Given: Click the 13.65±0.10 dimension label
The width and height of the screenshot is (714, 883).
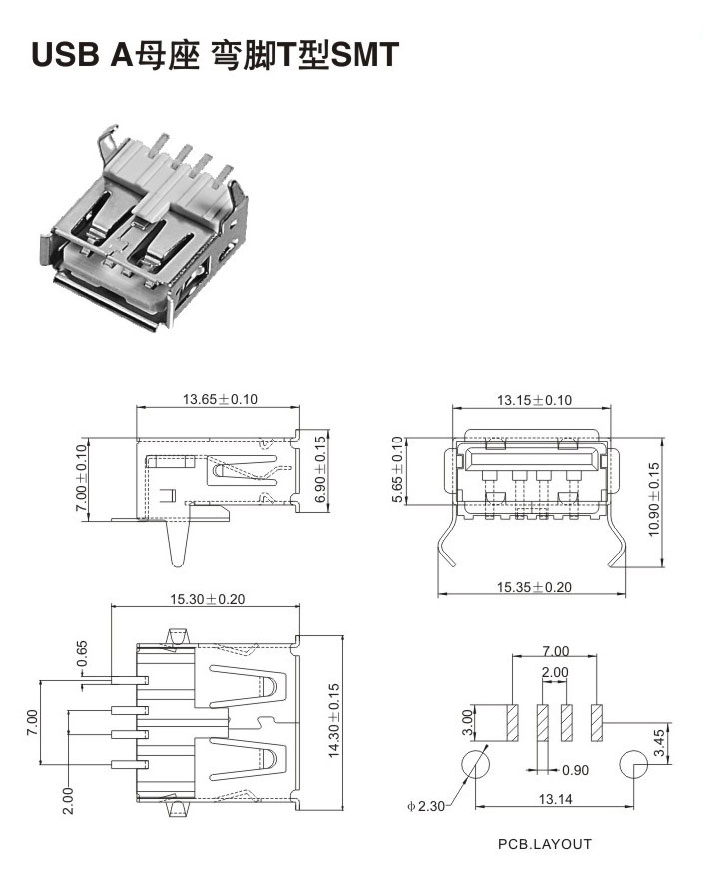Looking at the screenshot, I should (x=220, y=399).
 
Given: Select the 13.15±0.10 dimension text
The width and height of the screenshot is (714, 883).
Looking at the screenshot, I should (x=534, y=400).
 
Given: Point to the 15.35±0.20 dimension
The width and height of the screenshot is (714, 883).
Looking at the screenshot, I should (x=534, y=587).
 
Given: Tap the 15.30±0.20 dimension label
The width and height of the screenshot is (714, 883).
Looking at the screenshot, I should (x=208, y=599).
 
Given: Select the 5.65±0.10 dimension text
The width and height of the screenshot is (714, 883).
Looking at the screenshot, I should (x=398, y=470).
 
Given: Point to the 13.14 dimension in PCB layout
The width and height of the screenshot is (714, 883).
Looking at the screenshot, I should (x=555, y=799).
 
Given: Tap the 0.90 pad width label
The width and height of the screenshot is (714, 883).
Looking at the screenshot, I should (x=575, y=770).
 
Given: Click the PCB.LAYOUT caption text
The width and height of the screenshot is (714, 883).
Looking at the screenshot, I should (x=545, y=844).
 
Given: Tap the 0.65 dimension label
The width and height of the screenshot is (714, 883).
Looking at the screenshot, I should (x=82, y=653).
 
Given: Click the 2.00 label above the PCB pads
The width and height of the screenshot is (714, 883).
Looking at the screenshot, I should (x=555, y=672).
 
